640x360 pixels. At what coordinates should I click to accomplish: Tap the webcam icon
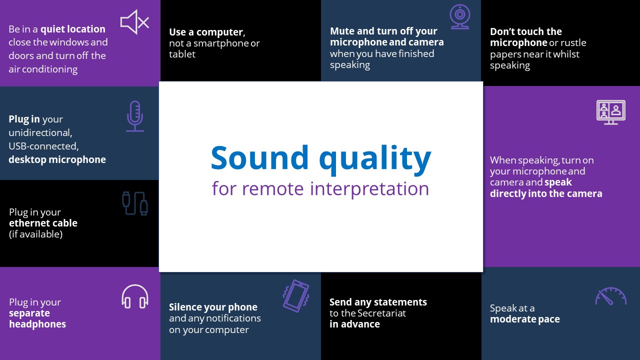click(459, 16)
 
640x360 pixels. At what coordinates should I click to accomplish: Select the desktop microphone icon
click(135, 116)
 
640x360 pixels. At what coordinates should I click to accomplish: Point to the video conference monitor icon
click(611, 112)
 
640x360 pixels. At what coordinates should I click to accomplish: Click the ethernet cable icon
click(135, 203)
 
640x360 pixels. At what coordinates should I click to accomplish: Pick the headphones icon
click(135, 296)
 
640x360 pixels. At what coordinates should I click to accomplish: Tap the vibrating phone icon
click(296, 295)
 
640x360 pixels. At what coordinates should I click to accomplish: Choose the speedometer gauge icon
click(611, 296)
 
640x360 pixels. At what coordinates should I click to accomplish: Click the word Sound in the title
click(259, 157)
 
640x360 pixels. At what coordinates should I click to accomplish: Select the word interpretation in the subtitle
click(369, 188)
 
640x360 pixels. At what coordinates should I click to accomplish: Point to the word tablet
click(182, 54)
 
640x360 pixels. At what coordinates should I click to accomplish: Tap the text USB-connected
click(43, 146)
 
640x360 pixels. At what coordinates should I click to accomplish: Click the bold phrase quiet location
click(73, 29)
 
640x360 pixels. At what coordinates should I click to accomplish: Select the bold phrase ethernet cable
click(43, 223)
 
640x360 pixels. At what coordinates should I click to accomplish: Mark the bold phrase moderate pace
click(525, 319)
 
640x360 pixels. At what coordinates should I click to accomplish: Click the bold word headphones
click(37, 324)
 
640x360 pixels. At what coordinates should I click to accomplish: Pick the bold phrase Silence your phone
click(213, 307)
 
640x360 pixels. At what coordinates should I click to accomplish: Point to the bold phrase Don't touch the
click(526, 31)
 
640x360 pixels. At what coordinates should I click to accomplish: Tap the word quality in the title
click(375, 159)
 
